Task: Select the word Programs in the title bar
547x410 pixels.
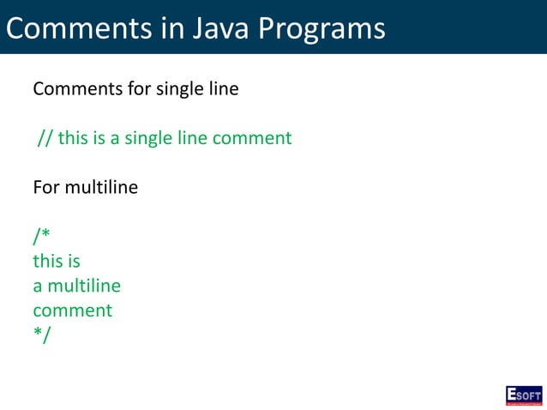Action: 321,29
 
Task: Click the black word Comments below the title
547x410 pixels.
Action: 75,89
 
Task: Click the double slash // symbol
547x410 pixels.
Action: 45,138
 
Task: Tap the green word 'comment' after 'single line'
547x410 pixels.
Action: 253,138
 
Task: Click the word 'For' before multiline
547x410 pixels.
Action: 45,187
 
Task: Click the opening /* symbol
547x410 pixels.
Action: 41,237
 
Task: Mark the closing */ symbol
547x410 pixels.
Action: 41,335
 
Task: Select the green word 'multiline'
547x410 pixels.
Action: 84,286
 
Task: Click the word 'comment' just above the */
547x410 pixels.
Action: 72,311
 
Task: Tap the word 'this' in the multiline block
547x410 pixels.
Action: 48,261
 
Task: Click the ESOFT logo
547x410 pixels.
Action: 523,395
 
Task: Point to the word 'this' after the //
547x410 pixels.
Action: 74,138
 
